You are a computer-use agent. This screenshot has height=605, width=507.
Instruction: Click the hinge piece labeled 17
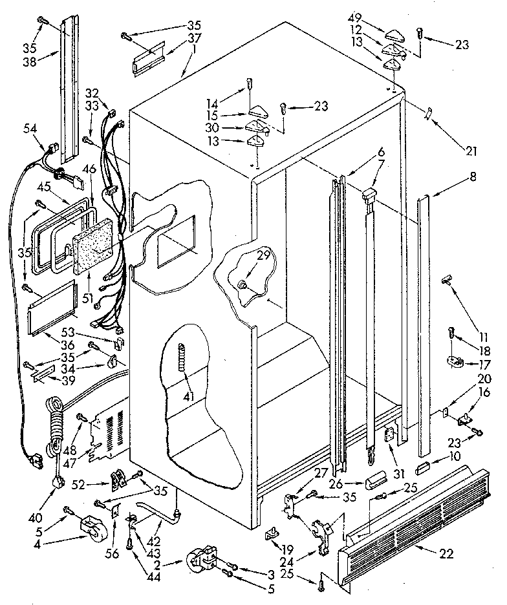(x=459, y=363)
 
